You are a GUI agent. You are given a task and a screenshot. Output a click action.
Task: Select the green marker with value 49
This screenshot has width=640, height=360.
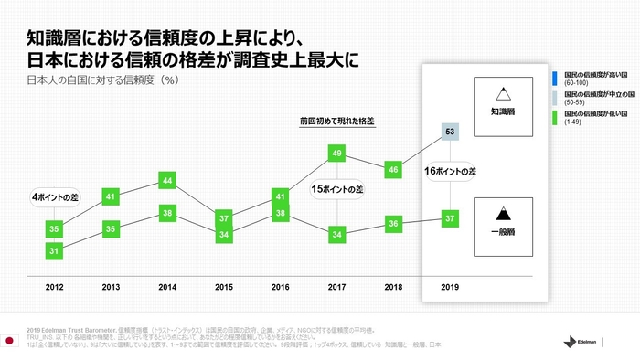pos(337,153)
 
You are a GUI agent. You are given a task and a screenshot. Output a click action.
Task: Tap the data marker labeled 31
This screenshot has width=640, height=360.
pos(54,251)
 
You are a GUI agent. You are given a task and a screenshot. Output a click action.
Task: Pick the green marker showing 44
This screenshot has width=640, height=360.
pos(167,181)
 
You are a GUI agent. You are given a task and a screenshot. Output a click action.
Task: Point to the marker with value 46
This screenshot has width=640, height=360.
pos(394,169)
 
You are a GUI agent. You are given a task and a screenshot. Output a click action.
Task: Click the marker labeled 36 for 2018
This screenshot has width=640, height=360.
pos(394,223)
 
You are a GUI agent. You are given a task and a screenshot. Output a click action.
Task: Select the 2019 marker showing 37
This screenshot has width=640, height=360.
pos(451,219)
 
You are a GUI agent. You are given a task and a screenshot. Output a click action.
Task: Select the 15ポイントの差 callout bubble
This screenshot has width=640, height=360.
pos(337,189)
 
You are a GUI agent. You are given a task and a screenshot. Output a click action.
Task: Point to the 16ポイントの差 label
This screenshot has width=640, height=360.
pos(451,172)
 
